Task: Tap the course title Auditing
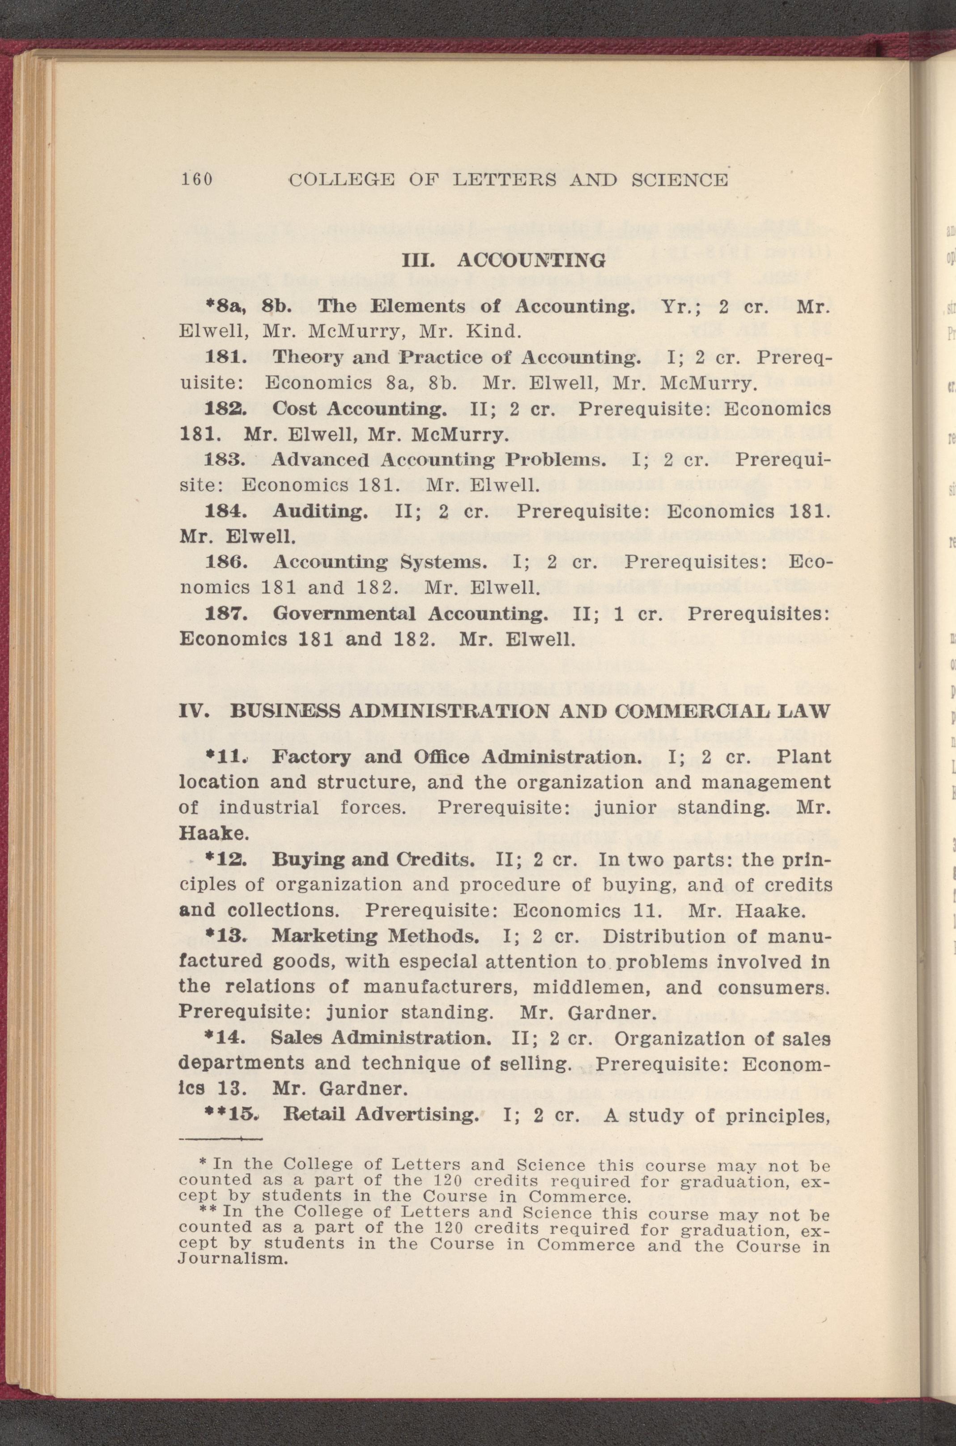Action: coord(320,511)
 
